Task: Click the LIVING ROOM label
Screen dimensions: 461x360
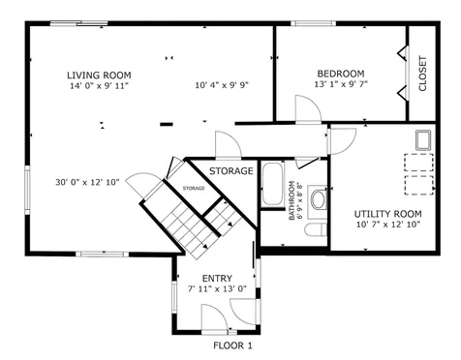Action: point(99,75)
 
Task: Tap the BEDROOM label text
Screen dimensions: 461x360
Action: point(341,74)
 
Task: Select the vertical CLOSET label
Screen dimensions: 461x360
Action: point(422,74)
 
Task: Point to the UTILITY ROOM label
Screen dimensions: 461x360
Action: point(387,214)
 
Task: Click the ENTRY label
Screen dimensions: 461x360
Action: point(217,278)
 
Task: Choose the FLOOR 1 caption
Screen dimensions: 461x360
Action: point(232,345)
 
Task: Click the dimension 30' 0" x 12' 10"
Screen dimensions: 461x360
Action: point(87,182)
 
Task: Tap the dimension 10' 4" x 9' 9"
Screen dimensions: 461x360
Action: point(222,85)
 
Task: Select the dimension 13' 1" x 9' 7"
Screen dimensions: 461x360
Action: point(341,84)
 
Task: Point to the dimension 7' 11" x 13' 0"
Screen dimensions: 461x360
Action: point(217,288)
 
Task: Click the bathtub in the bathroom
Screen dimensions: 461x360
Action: point(272,185)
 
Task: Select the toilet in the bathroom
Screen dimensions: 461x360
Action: point(316,229)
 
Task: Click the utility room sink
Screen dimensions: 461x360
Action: point(423,140)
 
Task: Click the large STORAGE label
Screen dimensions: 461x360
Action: point(231,171)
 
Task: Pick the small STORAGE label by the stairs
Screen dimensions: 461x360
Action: point(194,188)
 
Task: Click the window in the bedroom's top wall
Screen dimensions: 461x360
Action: point(313,23)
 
